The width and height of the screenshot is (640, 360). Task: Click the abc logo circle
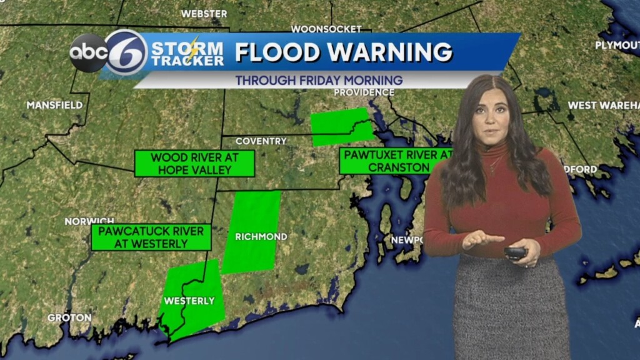[x=88, y=52]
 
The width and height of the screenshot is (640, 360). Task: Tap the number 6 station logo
[x=126, y=52]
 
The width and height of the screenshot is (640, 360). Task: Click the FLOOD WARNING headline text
[x=343, y=52]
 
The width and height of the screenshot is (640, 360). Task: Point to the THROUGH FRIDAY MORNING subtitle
[x=319, y=81]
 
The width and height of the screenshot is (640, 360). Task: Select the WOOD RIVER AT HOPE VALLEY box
[x=194, y=163]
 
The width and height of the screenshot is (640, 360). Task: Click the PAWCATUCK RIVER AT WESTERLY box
[x=151, y=237]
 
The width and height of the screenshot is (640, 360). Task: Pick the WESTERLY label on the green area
[x=189, y=301]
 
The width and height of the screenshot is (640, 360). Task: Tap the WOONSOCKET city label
[x=326, y=29]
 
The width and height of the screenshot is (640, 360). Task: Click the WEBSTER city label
[x=204, y=13]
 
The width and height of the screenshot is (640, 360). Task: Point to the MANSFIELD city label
[x=54, y=105]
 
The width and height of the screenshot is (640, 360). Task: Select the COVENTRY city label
[x=261, y=141]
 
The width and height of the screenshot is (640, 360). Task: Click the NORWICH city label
[x=89, y=221]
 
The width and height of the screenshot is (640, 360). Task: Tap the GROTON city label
[x=69, y=317]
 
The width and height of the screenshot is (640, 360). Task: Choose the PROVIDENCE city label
[x=364, y=92]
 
